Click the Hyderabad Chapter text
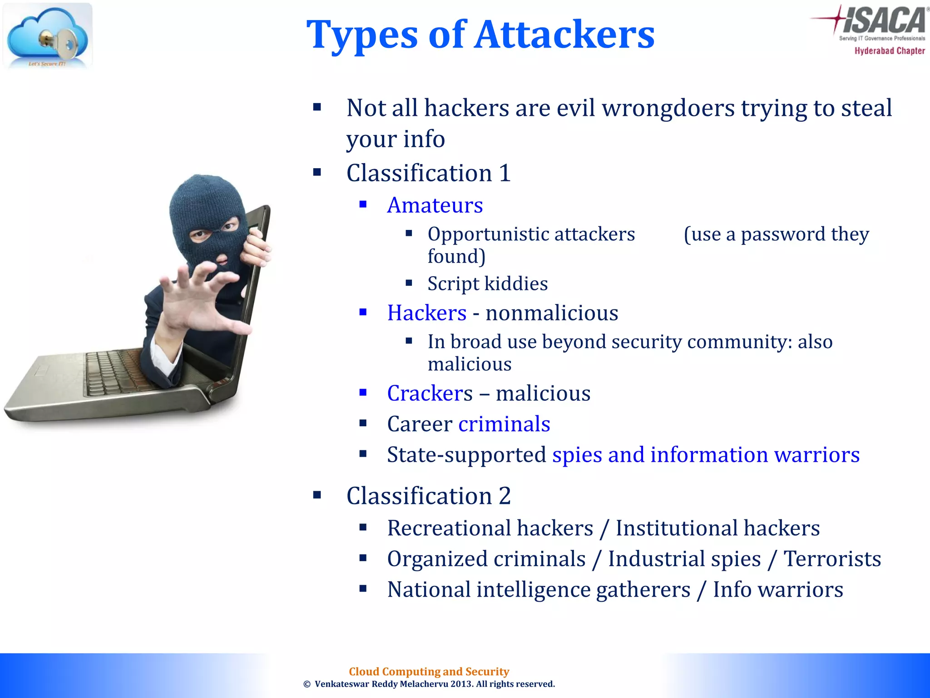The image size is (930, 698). pos(889,51)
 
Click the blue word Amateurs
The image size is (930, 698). pos(435,205)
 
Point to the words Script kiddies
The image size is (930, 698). pos(487,284)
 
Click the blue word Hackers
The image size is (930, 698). pos(426,313)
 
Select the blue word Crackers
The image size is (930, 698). pos(430,393)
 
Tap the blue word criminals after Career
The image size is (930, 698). pos(504,424)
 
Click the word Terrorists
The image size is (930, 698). pos(832,558)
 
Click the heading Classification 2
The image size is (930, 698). pos(428,495)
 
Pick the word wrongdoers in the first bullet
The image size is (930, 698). pos(668,108)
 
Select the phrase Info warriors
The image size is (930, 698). pos(777,589)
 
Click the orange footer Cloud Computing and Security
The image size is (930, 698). pos(429,671)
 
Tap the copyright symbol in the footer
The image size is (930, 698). pos(307,684)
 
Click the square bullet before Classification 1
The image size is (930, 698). pos(317,172)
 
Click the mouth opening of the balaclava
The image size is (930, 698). pos(222,259)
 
